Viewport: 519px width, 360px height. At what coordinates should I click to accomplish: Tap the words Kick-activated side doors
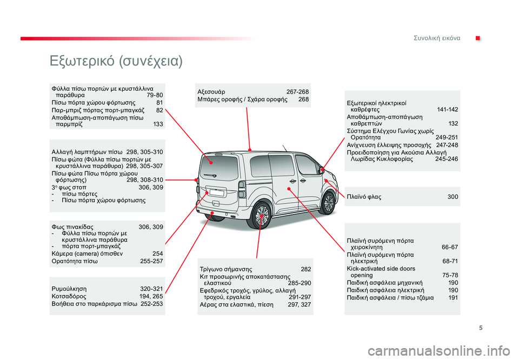coord(381,268)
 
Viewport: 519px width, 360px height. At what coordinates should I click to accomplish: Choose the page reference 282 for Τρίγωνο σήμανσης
coord(305,269)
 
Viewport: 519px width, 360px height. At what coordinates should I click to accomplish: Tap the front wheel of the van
coord(328,202)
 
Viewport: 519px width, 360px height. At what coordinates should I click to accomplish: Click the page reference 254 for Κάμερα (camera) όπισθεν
coord(158,253)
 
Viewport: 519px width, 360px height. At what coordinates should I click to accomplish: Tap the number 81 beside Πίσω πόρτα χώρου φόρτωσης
coord(159,102)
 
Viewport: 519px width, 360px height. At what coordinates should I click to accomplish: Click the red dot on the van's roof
coord(250,149)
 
